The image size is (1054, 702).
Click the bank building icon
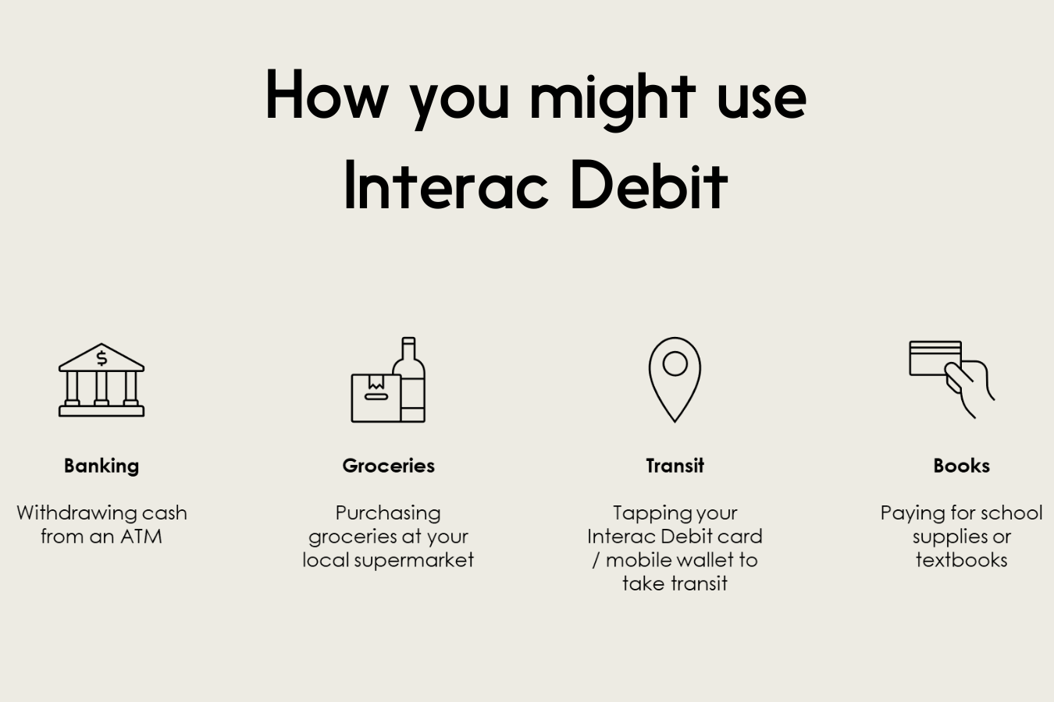pos(101,380)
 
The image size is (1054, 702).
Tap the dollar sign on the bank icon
pos(101,358)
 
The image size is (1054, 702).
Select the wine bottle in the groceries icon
pos(409,379)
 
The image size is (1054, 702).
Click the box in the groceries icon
pos(376,398)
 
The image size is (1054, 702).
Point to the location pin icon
pos(675,379)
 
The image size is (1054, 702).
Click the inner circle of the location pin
pos(675,363)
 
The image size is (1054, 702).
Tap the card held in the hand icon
pos(935,358)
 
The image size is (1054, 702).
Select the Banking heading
pos(101,466)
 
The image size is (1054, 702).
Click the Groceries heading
pos(389,466)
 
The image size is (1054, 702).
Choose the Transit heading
pos(675,466)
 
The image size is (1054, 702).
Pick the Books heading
pos(962,466)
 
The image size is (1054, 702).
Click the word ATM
pos(141,537)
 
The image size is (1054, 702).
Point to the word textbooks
pos(962,560)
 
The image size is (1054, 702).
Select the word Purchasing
pos(388,513)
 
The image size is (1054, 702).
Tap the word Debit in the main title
pos(650,186)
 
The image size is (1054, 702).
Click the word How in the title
pos(327,94)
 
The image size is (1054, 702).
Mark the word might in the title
pos(613,99)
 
